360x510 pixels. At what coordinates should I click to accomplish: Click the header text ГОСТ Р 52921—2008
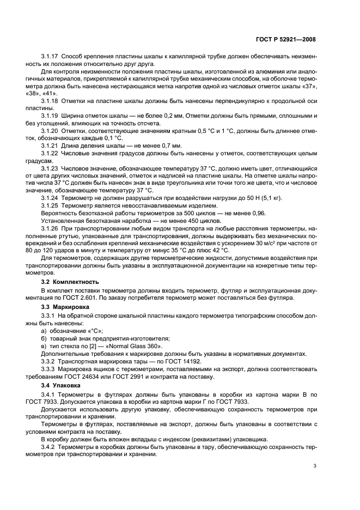tap(289, 39)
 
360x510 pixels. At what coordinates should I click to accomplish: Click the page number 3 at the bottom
tap(315, 466)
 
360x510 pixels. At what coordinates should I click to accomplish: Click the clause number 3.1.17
tap(50, 57)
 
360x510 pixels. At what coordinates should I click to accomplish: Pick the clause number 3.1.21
tap(50, 146)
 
